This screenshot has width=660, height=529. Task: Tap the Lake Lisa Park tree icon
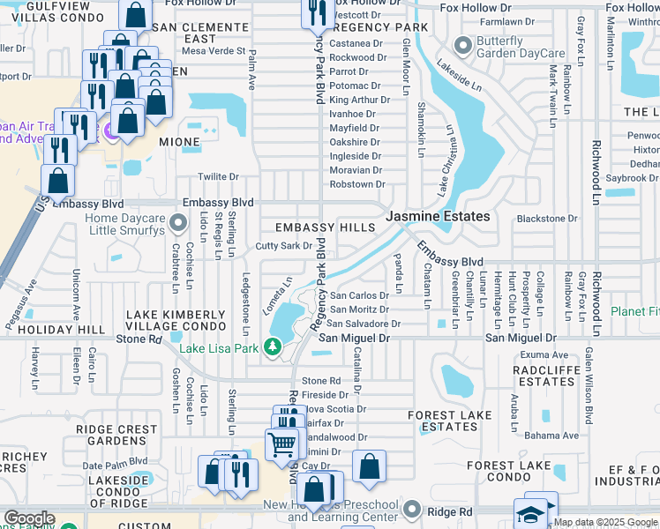274,349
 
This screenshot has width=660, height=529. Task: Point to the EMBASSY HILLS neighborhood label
325,227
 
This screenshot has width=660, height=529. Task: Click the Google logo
29,518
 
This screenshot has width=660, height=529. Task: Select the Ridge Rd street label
455,511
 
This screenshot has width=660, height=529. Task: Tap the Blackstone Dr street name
546,219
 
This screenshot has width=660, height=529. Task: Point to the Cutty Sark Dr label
284,246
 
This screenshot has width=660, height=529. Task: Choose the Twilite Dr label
218,177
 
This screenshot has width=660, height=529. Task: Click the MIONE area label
179,141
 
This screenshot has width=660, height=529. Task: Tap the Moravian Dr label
356,170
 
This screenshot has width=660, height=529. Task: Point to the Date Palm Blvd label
115,463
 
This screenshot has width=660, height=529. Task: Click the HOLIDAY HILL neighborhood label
55,330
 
